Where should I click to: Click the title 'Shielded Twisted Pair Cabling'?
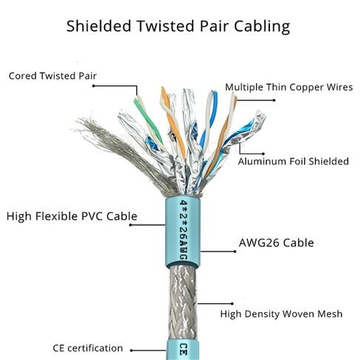point(178,27)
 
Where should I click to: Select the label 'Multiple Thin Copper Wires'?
point(288,86)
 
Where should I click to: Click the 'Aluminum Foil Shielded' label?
point(293,161)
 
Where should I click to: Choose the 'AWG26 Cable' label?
point(276,243)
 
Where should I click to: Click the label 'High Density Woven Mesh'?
point(282,314)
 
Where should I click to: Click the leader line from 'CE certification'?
point(148,347)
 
